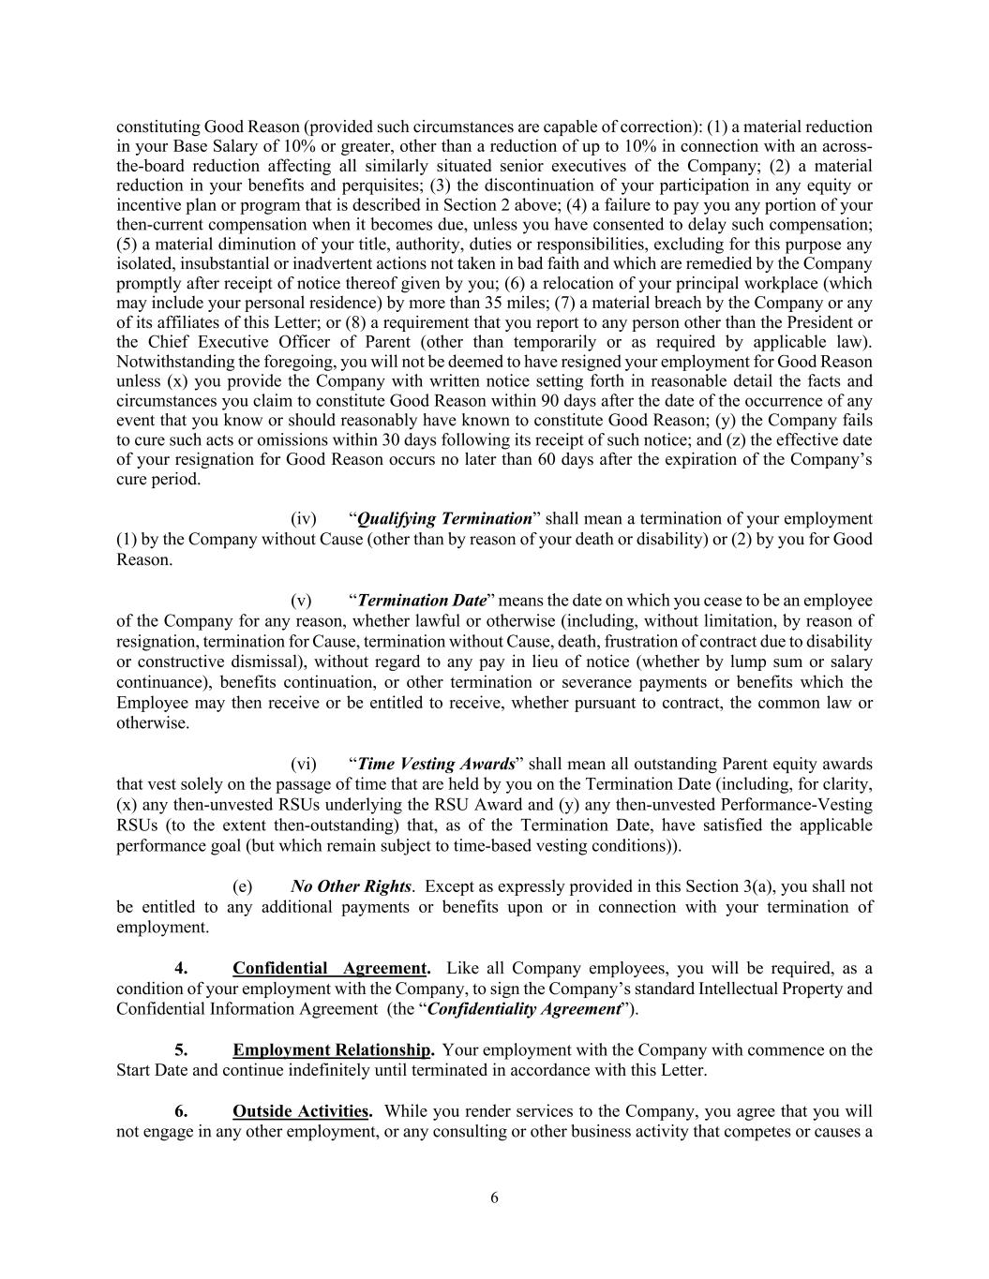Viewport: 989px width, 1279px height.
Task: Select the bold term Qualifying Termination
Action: click(444, 519)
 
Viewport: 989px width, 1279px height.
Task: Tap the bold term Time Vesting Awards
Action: click(436, 765)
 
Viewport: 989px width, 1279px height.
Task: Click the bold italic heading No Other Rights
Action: click(351, 886)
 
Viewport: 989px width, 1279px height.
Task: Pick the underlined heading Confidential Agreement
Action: click(331, 969)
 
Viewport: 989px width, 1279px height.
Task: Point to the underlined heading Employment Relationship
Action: click(333, 1050)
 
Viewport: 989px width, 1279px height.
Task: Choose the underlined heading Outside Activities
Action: click(300, 1112)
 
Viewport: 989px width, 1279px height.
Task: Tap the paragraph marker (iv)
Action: click(304, 519)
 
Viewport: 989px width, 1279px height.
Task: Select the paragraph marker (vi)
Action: click(304, 765)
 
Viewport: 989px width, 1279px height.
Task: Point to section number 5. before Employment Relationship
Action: click(181, 1050)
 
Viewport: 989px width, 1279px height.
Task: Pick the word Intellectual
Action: click(744, 989)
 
